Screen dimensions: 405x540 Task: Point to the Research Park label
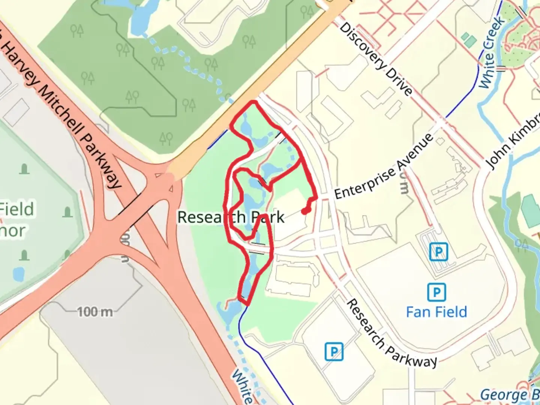[231, 217]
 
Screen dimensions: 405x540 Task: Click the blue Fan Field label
[436, 312]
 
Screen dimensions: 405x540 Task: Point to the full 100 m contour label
[95, 312]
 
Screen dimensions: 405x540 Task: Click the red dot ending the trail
[305, 211]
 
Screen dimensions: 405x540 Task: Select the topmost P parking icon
[438, 252]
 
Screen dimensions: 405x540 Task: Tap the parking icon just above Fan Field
[436, 291]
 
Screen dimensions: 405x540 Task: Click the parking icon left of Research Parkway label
[334, 351]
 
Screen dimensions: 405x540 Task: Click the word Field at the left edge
[17, 209]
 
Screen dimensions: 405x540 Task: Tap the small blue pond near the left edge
[18, 274]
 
